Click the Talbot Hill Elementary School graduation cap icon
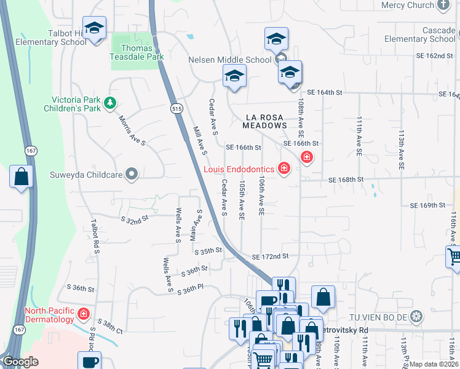pyautogui.click(x=94, y=28)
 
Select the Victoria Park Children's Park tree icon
pyautogui.click(x=110, y=103)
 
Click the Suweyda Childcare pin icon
pyautogui.click(x=131, y=174)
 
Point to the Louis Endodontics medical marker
pyautogui.click(x=284, y=168)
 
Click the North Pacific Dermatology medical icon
pyautogui.click(x=84, y=315)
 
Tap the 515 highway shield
pyautogui.click(x=177, y=108)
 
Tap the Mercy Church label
pyautogui.click(x=407, y=6)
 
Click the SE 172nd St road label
pyautogui.click(x=270, y=256)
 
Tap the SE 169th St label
pyautogui.click(x=427, y=205)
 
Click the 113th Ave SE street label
pyautogui.click(x=401, y=149)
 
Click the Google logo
pyautogui.click(x=22, y=362)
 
